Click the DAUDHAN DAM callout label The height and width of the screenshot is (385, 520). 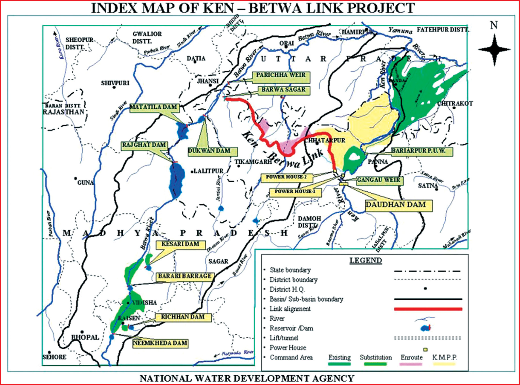398,205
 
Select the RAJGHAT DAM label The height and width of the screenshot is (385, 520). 144,145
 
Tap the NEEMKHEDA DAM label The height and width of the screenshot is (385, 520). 160,343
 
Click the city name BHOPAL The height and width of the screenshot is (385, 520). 85,337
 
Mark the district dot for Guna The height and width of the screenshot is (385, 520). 75,178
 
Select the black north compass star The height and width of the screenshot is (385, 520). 494,50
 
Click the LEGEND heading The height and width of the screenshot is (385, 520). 366,261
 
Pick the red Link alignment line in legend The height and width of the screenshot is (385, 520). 428,309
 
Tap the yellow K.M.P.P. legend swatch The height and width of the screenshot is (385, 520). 444,364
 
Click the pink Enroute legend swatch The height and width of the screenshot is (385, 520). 411,364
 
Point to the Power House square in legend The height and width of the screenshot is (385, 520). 425,350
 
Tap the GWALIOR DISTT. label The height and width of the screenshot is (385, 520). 147,37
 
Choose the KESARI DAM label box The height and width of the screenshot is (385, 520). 181,244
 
